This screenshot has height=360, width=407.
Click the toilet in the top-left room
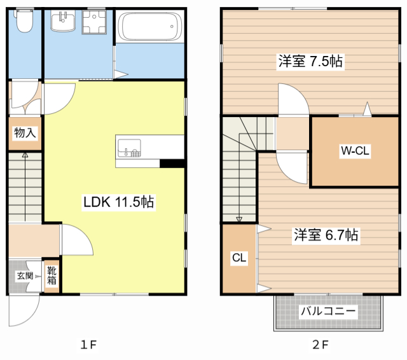(24, 22)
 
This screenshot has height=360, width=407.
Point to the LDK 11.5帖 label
(119, 202)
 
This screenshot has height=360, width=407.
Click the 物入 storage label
(25, 133)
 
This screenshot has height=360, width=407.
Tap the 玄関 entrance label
(25, 275)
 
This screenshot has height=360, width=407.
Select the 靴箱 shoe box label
(52, 275)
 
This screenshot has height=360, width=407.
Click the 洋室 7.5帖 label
(310, 62)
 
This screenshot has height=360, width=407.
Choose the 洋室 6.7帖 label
(326, 235)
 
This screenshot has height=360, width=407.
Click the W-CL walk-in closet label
(354, 151)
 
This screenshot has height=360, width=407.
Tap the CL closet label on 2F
(238, 258)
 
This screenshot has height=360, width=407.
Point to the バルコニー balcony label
(328, 312)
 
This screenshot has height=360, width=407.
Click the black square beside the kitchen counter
(172, 163)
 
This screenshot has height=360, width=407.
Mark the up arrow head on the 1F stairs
(25, 155)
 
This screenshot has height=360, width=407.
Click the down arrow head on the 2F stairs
(239, 220)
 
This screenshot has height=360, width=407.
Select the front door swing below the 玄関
(24, 312)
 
